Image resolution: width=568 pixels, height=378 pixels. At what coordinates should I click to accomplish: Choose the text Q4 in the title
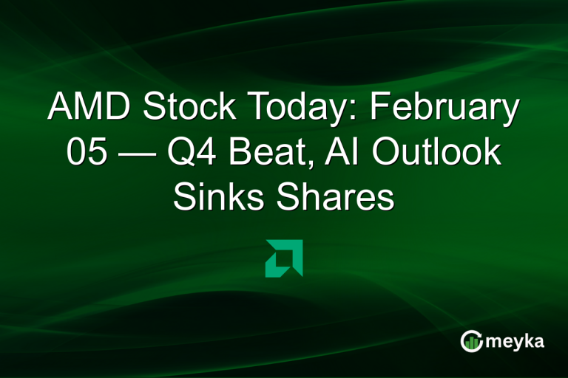coord(209,154)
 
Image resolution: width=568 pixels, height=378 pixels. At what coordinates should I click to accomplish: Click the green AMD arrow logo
coord(284,258)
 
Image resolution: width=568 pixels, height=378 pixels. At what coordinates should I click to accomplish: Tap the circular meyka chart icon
coord(471,340)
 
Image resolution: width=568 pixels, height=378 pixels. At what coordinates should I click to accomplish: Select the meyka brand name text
coord(518,341)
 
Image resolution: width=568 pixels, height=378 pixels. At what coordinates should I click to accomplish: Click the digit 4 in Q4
coord(223,154)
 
